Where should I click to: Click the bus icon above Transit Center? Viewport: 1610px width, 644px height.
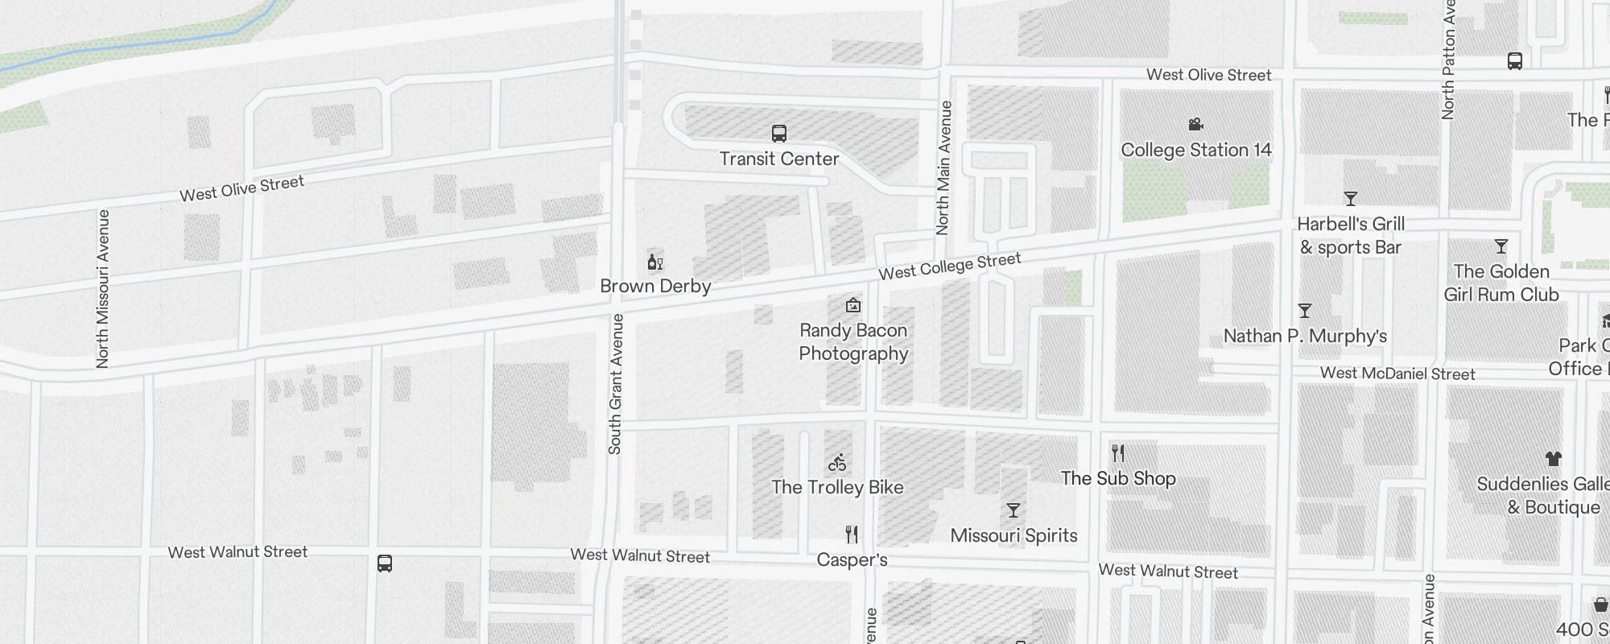[x=778, y=134]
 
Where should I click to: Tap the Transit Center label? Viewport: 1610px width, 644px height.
[x=778, y=159]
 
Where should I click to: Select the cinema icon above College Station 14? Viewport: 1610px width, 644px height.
[x=1195, y=124]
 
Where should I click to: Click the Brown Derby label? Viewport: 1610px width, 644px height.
[x=655, y=286]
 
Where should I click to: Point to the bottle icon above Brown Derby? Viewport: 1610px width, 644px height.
[x=654, y=262]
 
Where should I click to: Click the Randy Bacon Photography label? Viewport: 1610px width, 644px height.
[x=853, y=342]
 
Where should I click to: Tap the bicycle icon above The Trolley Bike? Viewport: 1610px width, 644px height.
[x=837, y=463]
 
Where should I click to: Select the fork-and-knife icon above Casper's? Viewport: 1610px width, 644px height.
[x=852, y=535]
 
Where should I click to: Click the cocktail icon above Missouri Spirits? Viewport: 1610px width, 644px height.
[x=1013, y=510]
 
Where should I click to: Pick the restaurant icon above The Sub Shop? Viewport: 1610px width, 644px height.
[x=1117, y=453]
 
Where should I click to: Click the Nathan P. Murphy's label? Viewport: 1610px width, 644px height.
[x=1305, y=336]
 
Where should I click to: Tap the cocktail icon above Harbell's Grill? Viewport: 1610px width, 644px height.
[x=1351, y=199]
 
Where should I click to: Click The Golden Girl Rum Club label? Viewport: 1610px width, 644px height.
[x=1501, y=283]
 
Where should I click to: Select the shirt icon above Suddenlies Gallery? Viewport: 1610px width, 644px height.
[x=1553, y=459]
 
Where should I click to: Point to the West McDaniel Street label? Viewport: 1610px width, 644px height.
[x=1397, y=374]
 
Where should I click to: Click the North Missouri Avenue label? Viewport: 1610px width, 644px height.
[x=102, y=289]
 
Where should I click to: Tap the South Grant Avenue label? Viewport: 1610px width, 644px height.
[x=616, y=384]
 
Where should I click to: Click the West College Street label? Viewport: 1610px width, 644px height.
[x=949, y=266]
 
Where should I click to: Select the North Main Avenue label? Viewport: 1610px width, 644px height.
[x=944, y=168]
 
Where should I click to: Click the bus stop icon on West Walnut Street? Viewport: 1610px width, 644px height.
[x=385, y=563]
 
